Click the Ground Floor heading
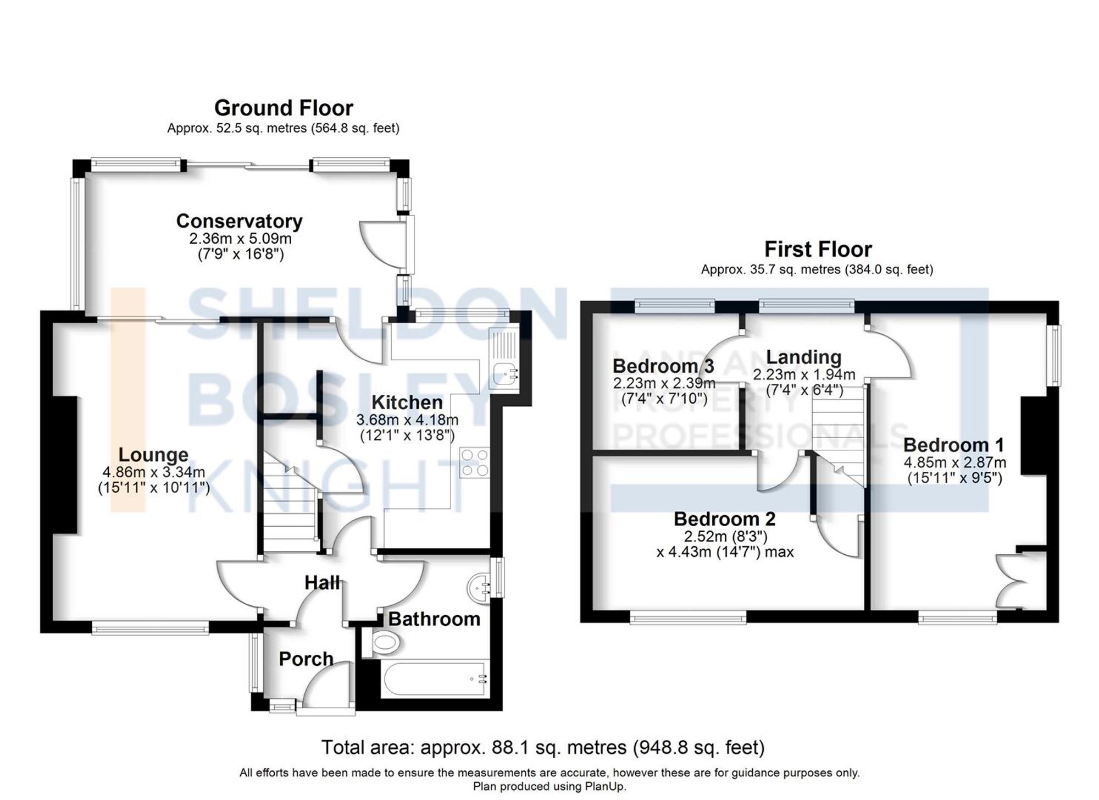[284, 108]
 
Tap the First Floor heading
[818, 250]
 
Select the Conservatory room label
[239, 221]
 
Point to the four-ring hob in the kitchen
[475, 463]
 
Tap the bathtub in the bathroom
[434, 678]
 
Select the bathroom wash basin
[479, 586]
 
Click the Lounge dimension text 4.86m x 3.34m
[153, 472]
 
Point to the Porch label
[306, 659]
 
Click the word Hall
[323, 582]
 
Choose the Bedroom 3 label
[663, 366]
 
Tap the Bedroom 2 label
[724, 518]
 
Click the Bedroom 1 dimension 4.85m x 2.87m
[954, 462]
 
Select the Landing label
[803, 357]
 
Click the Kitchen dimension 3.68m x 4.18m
[407, 420]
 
